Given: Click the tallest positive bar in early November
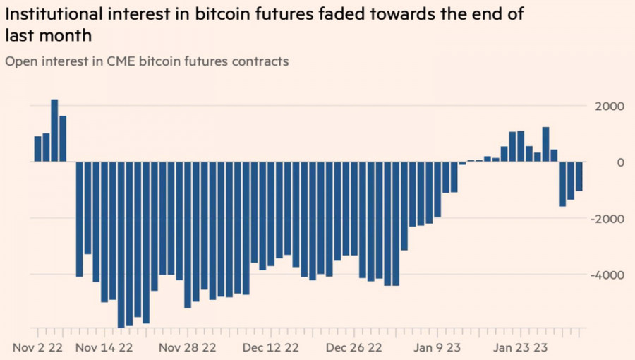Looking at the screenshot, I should click(54, 131).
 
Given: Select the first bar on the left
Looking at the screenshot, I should click(37, 149).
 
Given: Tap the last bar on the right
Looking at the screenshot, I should click(579, 176).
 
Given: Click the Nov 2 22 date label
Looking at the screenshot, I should click(39, 348).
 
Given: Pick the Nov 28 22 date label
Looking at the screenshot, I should click(187, 348).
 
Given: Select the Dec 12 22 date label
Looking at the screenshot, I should click(270, 348).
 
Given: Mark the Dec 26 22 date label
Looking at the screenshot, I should click(354, 348).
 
